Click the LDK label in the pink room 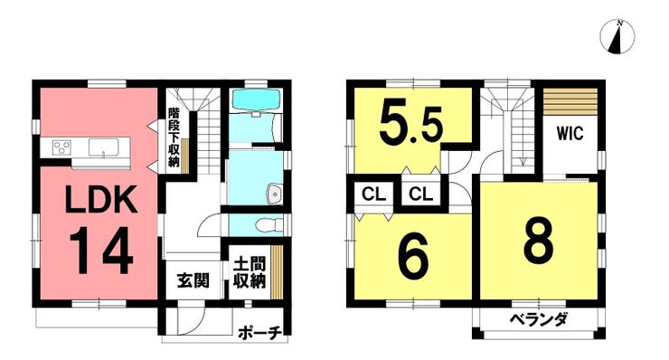point(101,199)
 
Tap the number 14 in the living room point(101,251)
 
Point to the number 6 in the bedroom point(413,257)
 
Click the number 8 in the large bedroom point(539,240)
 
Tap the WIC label point(570,133)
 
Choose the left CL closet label point(373,194)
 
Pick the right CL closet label point(420,194)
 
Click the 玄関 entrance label point(193,280)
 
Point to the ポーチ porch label point(259,333)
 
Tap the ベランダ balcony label point(539,319)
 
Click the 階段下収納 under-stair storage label point(174,137)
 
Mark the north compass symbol point(617,38)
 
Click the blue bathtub point(256,99)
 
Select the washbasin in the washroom point(274,194)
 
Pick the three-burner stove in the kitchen point(61,147)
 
